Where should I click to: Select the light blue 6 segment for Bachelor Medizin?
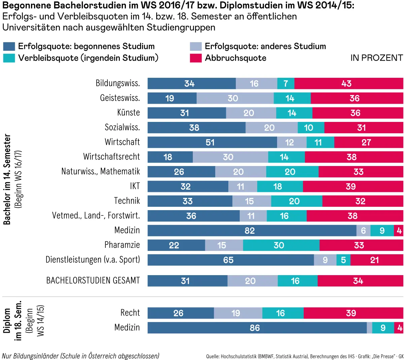363,231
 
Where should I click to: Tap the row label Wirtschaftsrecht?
111,157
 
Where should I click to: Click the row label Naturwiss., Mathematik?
100,171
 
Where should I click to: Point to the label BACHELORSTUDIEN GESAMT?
93,281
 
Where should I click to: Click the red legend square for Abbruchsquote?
196,58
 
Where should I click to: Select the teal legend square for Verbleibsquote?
9,58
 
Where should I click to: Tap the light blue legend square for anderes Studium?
196,46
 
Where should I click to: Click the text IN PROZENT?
376,58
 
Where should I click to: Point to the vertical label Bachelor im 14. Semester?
7,179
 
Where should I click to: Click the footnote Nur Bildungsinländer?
80,356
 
